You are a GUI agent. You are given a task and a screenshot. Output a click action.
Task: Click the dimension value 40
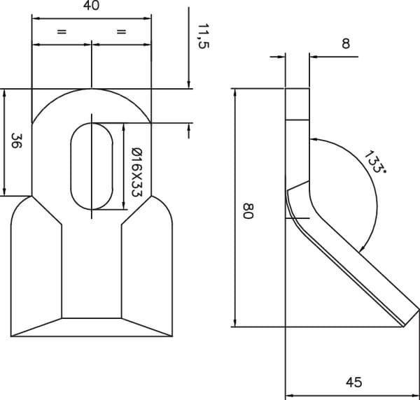91,6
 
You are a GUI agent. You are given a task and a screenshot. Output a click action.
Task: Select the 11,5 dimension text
203,36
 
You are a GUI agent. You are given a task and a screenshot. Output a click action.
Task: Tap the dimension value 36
17,141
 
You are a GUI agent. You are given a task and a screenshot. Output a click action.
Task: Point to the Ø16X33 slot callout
137,172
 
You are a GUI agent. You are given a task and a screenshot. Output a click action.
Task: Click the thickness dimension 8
346,43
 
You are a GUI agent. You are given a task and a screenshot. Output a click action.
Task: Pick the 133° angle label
375,162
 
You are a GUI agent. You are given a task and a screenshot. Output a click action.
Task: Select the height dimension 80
248,211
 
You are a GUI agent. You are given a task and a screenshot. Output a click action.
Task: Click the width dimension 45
353,383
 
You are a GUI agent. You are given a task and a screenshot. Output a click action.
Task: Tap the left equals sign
62,31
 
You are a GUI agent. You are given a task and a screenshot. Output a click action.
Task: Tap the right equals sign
121,31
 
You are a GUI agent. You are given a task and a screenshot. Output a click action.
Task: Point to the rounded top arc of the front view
92,89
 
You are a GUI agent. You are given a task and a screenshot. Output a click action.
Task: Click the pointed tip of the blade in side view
404,327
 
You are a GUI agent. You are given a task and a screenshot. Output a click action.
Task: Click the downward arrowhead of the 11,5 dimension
189,84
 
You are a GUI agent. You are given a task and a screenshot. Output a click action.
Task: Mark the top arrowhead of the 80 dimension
235,92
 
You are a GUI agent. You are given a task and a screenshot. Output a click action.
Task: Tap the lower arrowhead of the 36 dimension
4,192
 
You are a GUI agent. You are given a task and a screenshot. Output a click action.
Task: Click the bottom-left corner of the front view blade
11,336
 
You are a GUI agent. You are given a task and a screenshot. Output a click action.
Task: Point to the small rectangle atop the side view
297,104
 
